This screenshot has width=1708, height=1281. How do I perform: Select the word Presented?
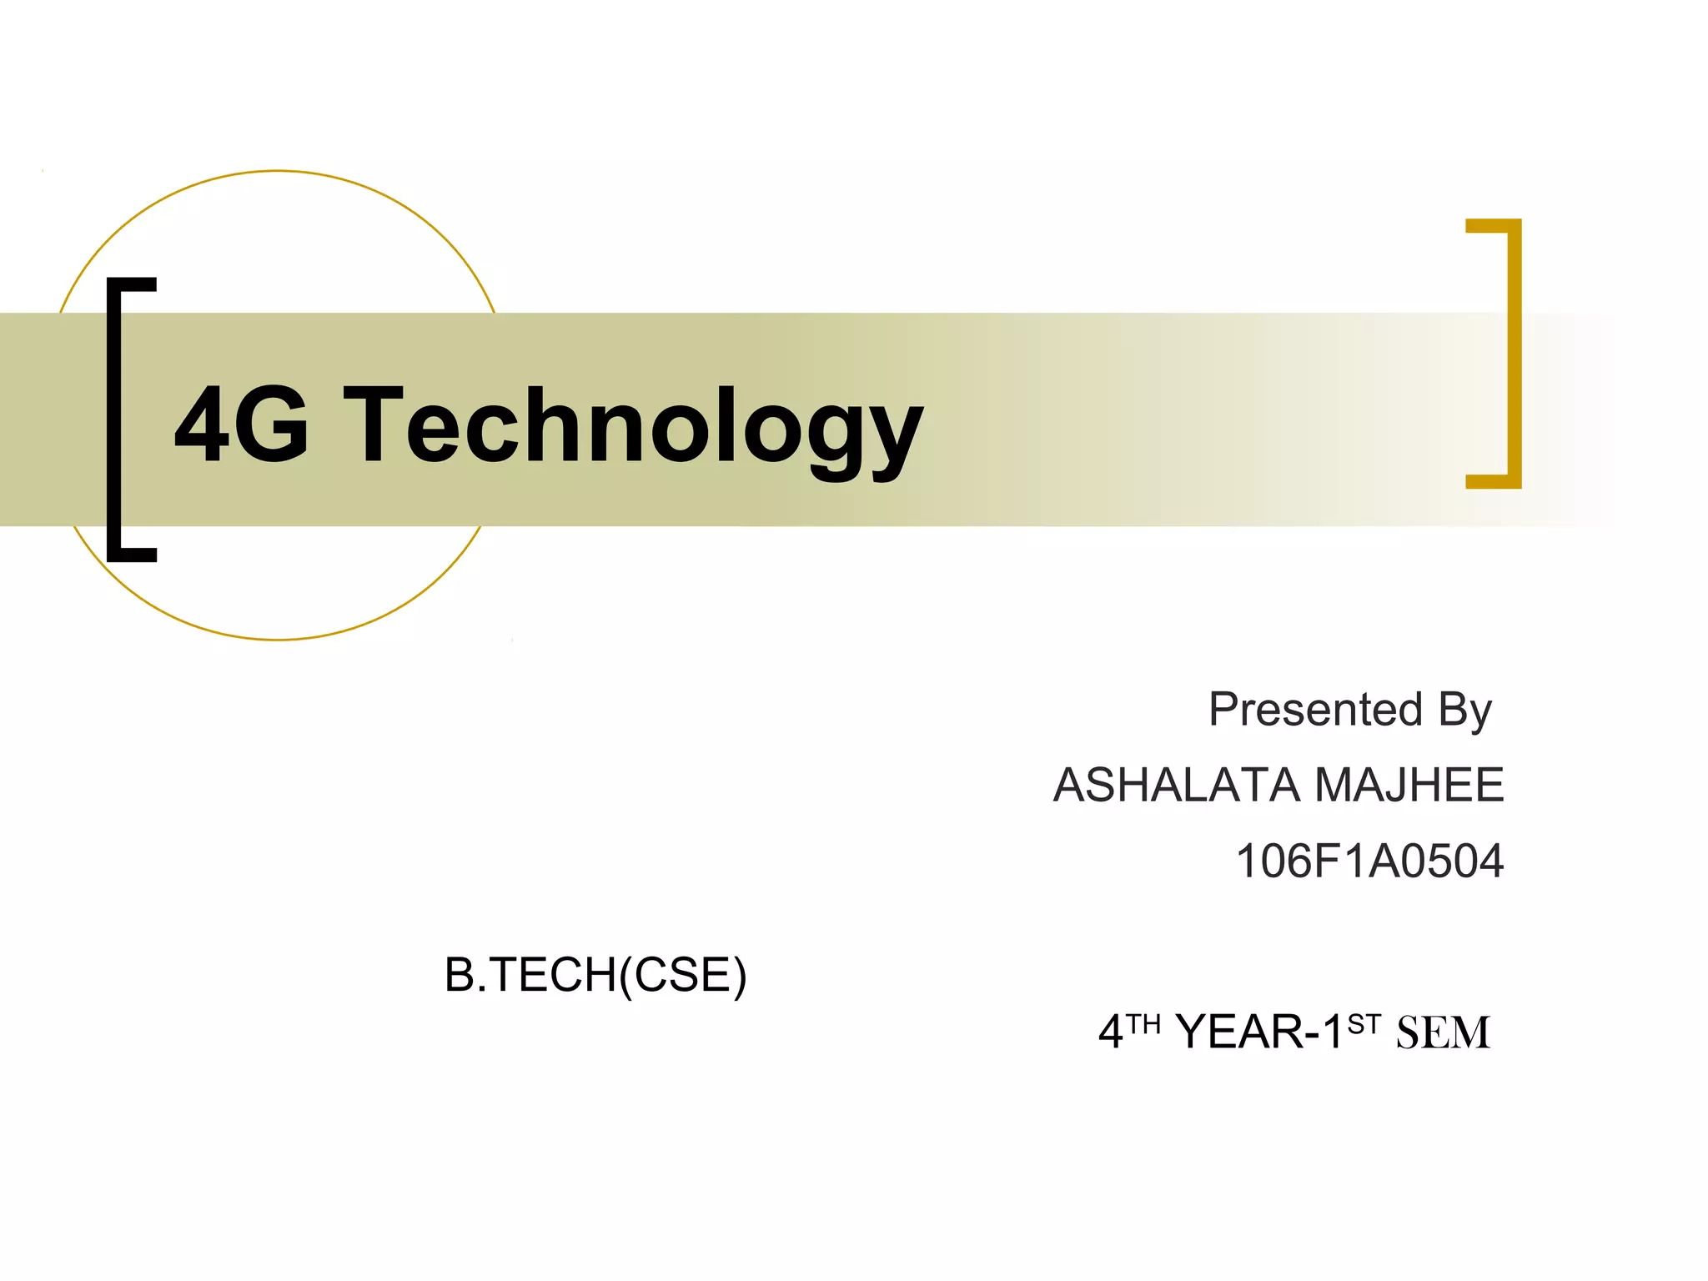pos(1315,710)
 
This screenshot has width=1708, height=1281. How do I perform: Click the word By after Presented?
pos(1464,711)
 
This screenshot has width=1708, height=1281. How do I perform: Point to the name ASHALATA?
pos(1177,785)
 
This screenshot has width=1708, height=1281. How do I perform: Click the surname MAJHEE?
pos(1409,785)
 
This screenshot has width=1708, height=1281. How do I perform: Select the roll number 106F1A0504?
pos(1369,861)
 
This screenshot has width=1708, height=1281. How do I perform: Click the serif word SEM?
pos(1443,1032)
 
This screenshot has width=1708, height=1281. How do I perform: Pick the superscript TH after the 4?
pos(1143,1024)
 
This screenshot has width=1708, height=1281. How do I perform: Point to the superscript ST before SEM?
pos(1364,1024)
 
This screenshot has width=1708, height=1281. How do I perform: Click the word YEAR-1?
pos(1259,1032)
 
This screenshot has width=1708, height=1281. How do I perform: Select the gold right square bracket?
pos(1508,354)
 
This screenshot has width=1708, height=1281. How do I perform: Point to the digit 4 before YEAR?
pos(1111,1032)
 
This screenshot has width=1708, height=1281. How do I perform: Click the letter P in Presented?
pos(1224,710)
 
